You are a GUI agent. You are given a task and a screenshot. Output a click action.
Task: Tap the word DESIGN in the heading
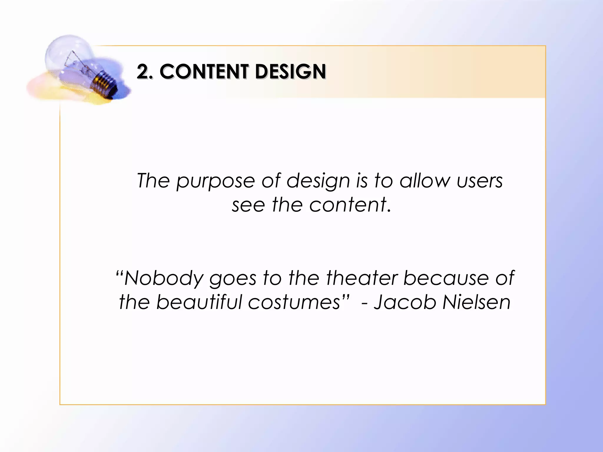[x=291, y=72]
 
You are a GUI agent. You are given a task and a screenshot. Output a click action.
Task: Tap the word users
[x=480, y=181]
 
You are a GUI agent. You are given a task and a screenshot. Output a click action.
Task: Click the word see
[x=248, y=205]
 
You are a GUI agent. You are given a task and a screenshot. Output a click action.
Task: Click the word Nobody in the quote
[x=164, y=278]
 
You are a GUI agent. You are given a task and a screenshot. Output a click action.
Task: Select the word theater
[x=362, y=278]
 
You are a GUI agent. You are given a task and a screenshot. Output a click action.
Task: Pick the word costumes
[x=294, y=303]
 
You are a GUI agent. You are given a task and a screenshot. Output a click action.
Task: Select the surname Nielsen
[x=476, y=302]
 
